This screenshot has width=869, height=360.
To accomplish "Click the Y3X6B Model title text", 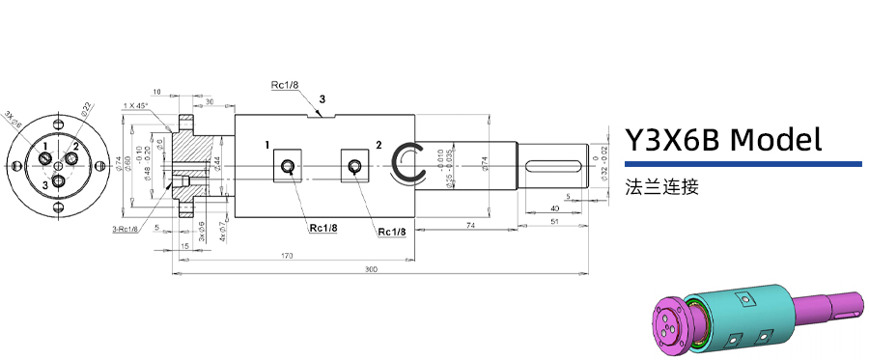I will point(723,140).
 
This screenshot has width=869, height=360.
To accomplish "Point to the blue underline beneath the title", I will point(743,164).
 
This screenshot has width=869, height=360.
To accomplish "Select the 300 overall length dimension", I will point(371,269).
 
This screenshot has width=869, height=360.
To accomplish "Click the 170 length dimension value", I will point(288,256).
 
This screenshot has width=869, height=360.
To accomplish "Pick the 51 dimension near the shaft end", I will point(553,221).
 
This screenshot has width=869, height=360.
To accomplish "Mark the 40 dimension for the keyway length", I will point(553,208).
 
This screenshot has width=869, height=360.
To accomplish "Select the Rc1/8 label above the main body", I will point(285,85).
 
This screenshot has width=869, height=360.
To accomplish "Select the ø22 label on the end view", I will point(86,107).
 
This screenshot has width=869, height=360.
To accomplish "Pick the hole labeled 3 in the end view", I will point(59,180).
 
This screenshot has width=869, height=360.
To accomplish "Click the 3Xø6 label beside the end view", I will point(12,119).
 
